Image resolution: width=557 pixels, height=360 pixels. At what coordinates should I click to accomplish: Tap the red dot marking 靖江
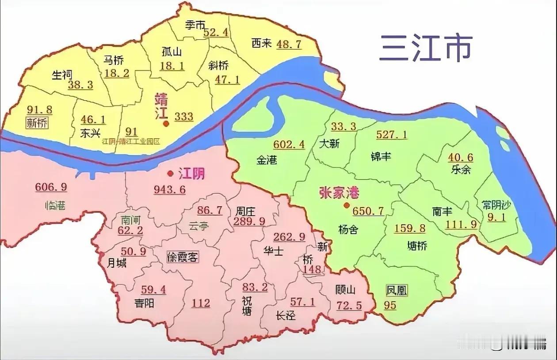click(166, 124)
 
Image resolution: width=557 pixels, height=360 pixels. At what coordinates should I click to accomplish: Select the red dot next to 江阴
click(170, 173)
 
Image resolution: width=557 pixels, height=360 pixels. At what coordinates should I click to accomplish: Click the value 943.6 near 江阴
click(170, 189)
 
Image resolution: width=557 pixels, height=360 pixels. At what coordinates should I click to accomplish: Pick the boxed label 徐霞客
click(183, 258)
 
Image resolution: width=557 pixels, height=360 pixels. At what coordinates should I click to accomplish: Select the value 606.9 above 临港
click(51, 187)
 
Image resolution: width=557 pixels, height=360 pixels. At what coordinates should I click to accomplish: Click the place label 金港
click(267, 160)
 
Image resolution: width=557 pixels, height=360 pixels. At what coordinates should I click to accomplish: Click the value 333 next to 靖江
click(184, 117)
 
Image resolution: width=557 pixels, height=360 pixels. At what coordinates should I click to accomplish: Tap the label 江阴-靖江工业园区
click(130, 142)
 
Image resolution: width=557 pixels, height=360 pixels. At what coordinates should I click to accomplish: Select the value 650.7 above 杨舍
click(369, 211)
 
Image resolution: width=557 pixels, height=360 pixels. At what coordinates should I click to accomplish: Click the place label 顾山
click(345, 290)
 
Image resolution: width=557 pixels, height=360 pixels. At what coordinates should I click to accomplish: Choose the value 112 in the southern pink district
click(201, 303)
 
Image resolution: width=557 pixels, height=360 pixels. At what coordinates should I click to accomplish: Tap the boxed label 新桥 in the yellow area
click(37, 123)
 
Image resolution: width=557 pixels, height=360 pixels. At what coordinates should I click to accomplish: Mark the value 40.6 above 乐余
click(461, 157)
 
